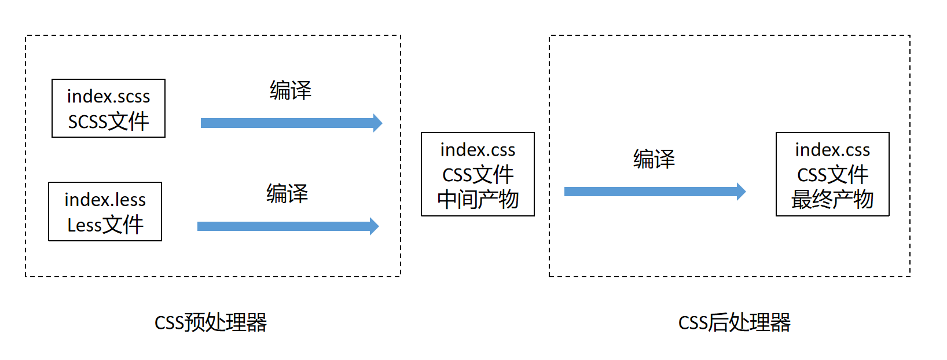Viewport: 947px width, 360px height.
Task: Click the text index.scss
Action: click(x=108, y=96)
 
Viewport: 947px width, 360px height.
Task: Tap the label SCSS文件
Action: click(x=108, y=122)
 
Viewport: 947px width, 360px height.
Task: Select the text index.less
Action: click(x=105, y=200)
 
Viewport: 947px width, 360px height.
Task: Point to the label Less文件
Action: click(x=105, y=225)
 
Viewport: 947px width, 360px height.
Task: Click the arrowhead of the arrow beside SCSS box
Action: click(x=377, y=123)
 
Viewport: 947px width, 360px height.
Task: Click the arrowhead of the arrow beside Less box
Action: click(x=374, y=226)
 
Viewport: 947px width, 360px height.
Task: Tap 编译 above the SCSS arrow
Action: click(x=291, y=90)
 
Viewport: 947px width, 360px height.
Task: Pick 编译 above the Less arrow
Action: click(x=287, y=193)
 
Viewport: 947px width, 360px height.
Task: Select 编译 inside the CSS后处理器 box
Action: click(x=654, y=159)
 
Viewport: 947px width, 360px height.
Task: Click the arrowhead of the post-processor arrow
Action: click(x=741, y=191)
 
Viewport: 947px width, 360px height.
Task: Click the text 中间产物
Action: click(x=478, y=200)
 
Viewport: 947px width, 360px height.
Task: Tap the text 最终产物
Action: click(x=832, y=200)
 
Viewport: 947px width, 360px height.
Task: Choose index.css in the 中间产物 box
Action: click(x=478, y=150)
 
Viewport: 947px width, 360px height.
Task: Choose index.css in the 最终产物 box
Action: click(x=832, y=150)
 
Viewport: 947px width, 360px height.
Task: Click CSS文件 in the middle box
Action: click(x=478, y=175)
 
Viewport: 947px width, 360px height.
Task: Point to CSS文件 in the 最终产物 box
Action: click(x=832, y=175)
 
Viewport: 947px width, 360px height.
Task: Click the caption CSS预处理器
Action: click(x=211, y=322)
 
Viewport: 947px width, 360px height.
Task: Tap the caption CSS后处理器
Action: click(x=734, y=322)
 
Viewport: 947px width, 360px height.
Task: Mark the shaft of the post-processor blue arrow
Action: click(x=648, y=191)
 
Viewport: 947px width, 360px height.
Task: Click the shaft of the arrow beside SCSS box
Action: click(x=284, y=123)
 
